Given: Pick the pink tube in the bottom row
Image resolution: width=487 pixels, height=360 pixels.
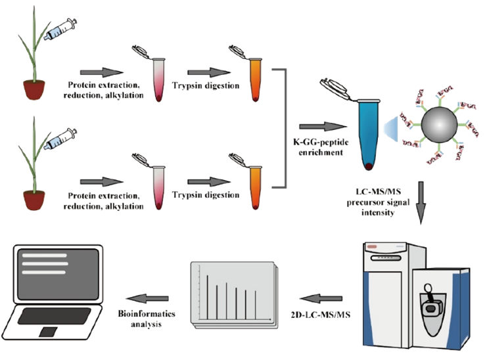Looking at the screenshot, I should click(x=158, y=189).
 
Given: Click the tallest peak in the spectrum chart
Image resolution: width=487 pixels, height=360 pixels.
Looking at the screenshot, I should click(x=208, y=296).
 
